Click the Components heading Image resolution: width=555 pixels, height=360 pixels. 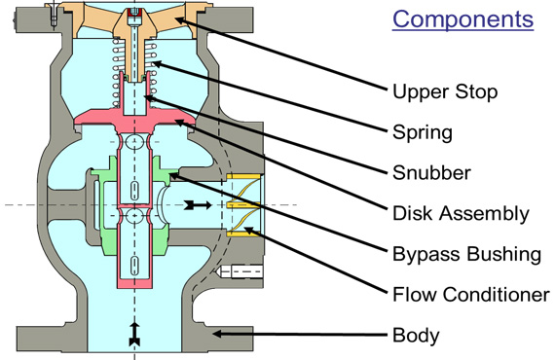(x=462, y=19)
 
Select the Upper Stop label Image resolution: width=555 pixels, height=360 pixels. (x=445, y=91)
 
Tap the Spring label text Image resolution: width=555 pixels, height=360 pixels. (x=423, y=132)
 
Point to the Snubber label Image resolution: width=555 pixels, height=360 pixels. (x=431, y=172)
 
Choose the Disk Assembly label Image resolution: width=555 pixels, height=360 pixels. (x=461, y=213)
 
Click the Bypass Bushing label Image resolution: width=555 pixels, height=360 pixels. (x=466, y=254)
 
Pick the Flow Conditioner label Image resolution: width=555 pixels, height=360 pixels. (x=471, y=294)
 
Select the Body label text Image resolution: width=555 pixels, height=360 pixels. (x=416, y=335)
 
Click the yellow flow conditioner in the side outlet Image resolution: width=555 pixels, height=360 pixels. (x=243, y=204)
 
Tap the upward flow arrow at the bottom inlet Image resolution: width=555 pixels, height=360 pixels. (x=134, y=334)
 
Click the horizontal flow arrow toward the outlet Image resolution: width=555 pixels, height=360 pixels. (x=198, y=204)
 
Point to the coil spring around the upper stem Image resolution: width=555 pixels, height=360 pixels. (x=134, y=73)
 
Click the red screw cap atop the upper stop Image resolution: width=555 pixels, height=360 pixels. (x=134, y=13)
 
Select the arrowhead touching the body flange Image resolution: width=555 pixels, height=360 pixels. (x=217, y=334)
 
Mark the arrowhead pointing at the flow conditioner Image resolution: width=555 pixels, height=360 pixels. (x=249, y=231)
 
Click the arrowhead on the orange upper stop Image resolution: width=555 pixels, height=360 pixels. (x=180, y=20)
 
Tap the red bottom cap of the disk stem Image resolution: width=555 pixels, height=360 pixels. (x=134, y=282)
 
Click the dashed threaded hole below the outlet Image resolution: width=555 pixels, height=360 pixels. (x=240, y=271)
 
